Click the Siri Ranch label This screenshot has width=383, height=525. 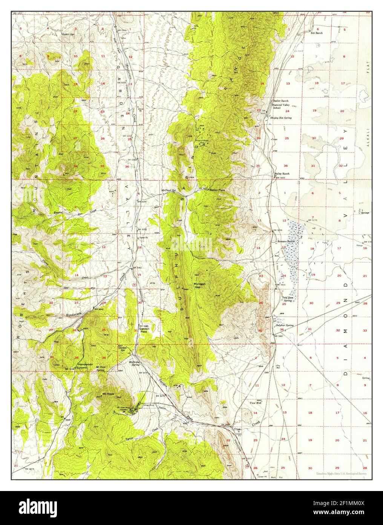(x=316, y=33)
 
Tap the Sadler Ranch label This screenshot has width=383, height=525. (x=281, y=101)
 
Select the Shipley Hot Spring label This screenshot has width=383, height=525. (x=281, y=117)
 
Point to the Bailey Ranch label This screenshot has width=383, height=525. (x=281, y=174)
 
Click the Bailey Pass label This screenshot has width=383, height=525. (x=217, y=190)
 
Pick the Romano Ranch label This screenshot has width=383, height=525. (x=286, y=241)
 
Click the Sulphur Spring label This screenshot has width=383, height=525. (x=285, y=325)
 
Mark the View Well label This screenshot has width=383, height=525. (x=256, y=403)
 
